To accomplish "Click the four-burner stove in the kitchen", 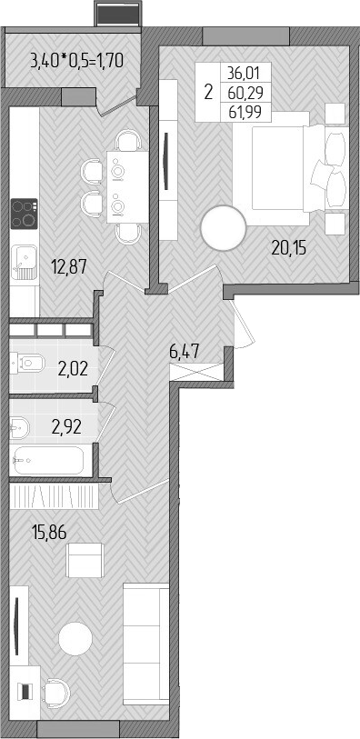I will [x=23, y=215].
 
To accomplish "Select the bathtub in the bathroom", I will [x=50, y=461].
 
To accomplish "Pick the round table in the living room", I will [x=76, y=639].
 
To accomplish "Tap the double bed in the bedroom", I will [x=277, y=169].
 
